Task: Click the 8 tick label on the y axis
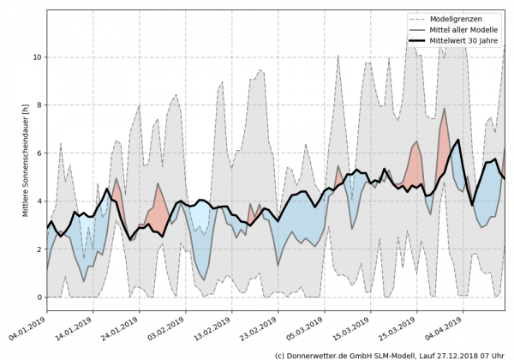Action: (37, 105)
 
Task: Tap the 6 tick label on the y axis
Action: (37, 153)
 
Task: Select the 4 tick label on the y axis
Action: (37, 201)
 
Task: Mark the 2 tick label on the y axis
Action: (37, 249)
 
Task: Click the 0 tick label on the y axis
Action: (37, 297)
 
